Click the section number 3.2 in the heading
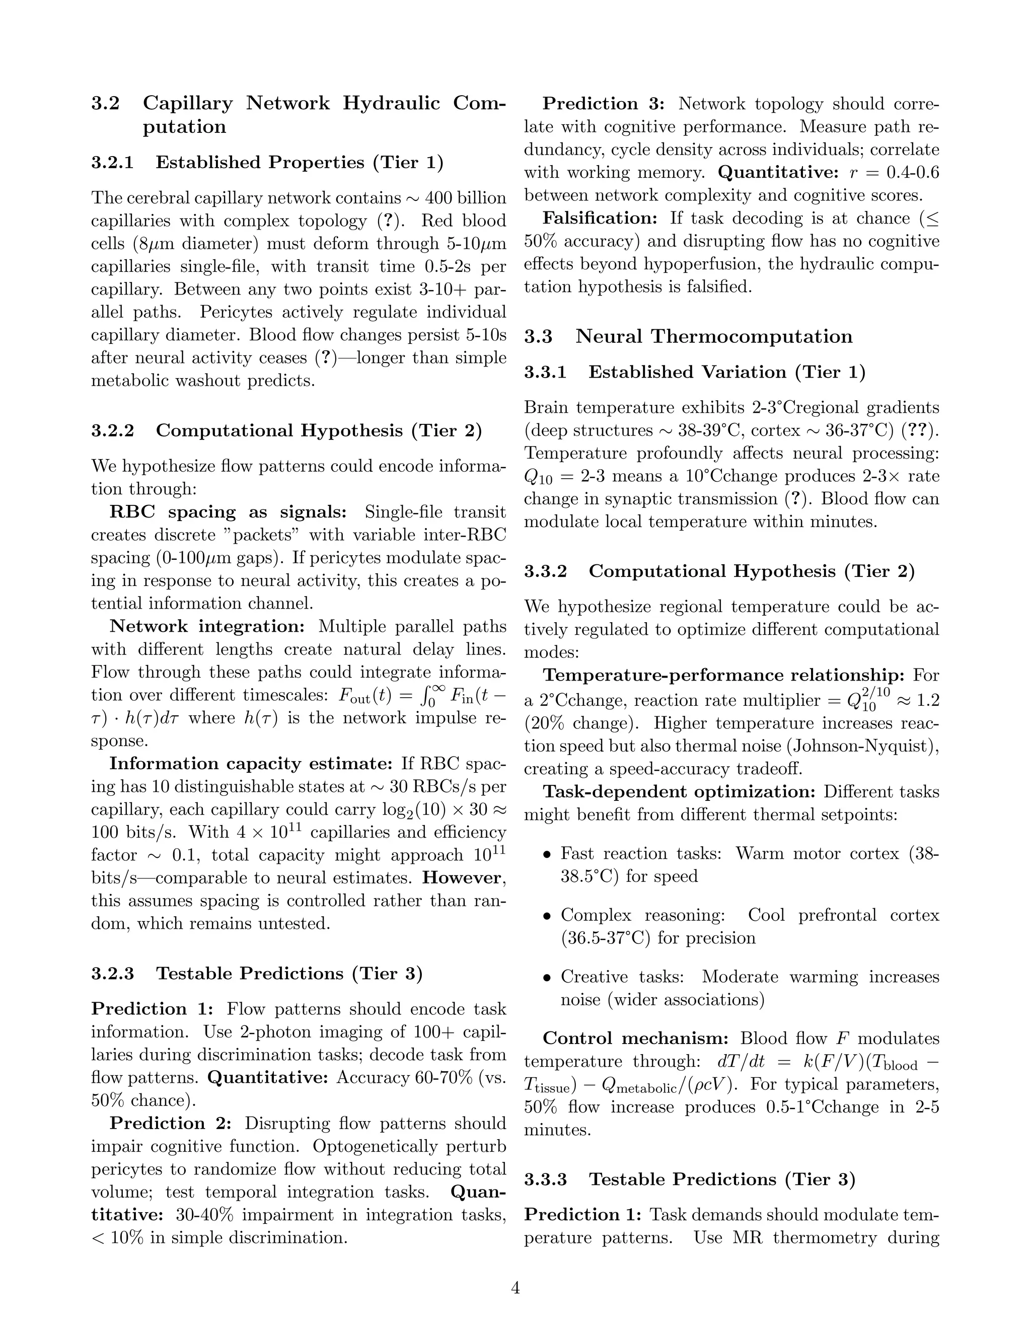coord(105,103)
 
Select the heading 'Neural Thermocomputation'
coord(713,337)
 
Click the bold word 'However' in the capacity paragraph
coord(462,878)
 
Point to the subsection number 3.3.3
coord(545,1179)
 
